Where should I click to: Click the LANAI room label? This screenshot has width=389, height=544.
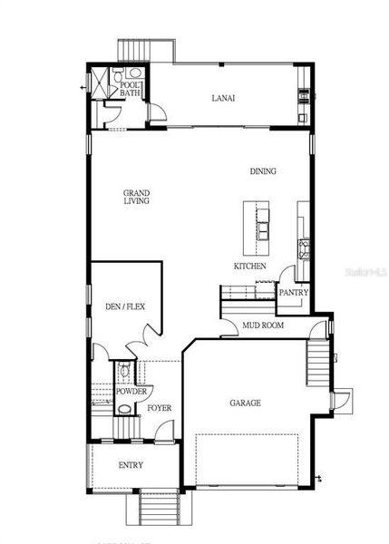click(223, 98)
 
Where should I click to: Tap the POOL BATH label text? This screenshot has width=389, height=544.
click(131, 88)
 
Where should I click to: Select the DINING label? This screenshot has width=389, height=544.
click(264, 171)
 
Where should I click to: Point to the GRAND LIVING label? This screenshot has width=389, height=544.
click(137, 197)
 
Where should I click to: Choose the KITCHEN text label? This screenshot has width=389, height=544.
click(249, 267)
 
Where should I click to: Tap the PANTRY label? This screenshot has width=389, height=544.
click(294, 293)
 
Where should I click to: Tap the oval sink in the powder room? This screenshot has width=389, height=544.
click(122, 409)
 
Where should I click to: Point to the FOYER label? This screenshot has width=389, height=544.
click(160, 408)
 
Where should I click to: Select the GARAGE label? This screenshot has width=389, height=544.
click(245, 403)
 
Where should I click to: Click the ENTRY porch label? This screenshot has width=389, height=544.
click(131, 465)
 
